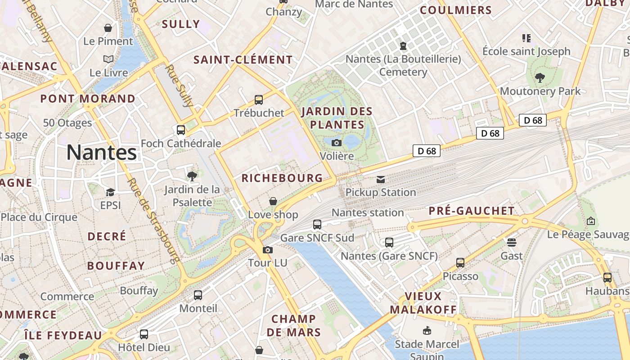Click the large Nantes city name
102,153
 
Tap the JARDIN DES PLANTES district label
337,118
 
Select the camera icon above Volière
336,143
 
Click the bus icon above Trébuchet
259,100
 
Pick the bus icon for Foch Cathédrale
181,130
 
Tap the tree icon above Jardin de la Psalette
192,176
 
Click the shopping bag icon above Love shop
273,201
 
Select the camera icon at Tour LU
268,250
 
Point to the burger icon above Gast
511,243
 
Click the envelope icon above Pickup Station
381,180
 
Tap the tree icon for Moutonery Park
540,78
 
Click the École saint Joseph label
526,51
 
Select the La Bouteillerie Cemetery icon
403,45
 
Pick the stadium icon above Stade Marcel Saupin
427,331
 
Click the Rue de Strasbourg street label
153,220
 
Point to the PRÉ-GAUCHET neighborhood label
472,211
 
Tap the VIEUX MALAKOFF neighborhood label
423,303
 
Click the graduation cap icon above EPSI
110,192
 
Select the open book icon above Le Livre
108,59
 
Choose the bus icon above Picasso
460,262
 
